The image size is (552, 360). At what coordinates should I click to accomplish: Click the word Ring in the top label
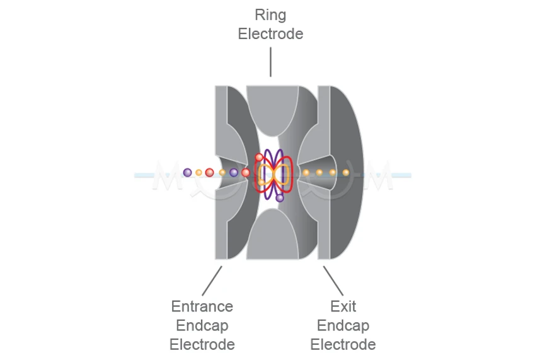coord(270,15)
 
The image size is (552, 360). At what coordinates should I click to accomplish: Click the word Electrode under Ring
coord(270,34)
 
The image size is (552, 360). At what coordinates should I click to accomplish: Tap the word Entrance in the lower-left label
coord(202,306)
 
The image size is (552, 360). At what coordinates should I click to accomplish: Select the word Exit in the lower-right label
coord(343,306)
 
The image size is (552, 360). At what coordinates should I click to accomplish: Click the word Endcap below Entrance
coord(202,326)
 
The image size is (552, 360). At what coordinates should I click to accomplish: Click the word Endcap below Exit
coord(343,326)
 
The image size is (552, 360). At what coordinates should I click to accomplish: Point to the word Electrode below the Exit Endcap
coord(343,345)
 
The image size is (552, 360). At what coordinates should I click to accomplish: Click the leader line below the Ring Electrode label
coord(270,62)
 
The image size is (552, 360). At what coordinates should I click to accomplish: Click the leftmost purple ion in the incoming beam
coord(187,172)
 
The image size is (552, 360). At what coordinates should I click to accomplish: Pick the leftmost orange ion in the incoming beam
coord(198,172)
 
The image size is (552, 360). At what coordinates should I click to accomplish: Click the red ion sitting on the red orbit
coord(259,157)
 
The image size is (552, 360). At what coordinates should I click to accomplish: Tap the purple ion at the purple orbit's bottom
coord(280,197)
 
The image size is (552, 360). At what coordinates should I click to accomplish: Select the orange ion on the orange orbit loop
coord(262,182)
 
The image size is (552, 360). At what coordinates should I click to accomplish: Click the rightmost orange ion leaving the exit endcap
coord(345,172)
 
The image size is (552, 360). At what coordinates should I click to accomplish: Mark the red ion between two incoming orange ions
coord(209,172)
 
